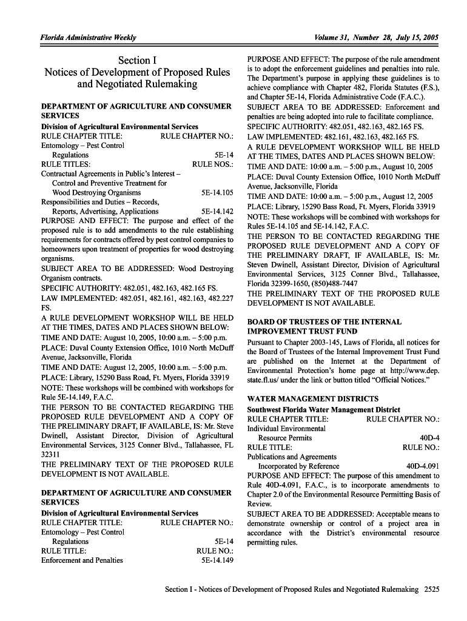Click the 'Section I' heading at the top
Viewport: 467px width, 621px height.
[x=137, y=60]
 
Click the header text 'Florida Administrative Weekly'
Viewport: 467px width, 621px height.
[x=88, y=38]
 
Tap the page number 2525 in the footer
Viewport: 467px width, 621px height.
[x=432, y=589]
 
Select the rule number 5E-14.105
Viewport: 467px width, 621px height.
[x=217, y=193]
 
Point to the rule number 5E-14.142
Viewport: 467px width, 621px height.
[x=217, y=212]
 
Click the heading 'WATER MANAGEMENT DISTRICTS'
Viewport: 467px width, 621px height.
[x=313, y=399]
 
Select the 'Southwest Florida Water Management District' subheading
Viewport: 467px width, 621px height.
[x=323, y=409]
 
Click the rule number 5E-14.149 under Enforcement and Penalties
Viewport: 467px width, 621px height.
[x=217, y=560]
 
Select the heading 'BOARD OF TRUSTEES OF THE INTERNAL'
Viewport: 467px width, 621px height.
[x=324, y=322]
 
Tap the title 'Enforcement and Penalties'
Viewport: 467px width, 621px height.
[x=82, y=560]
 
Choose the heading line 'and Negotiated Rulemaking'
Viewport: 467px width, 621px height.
[x=137, y=84]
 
